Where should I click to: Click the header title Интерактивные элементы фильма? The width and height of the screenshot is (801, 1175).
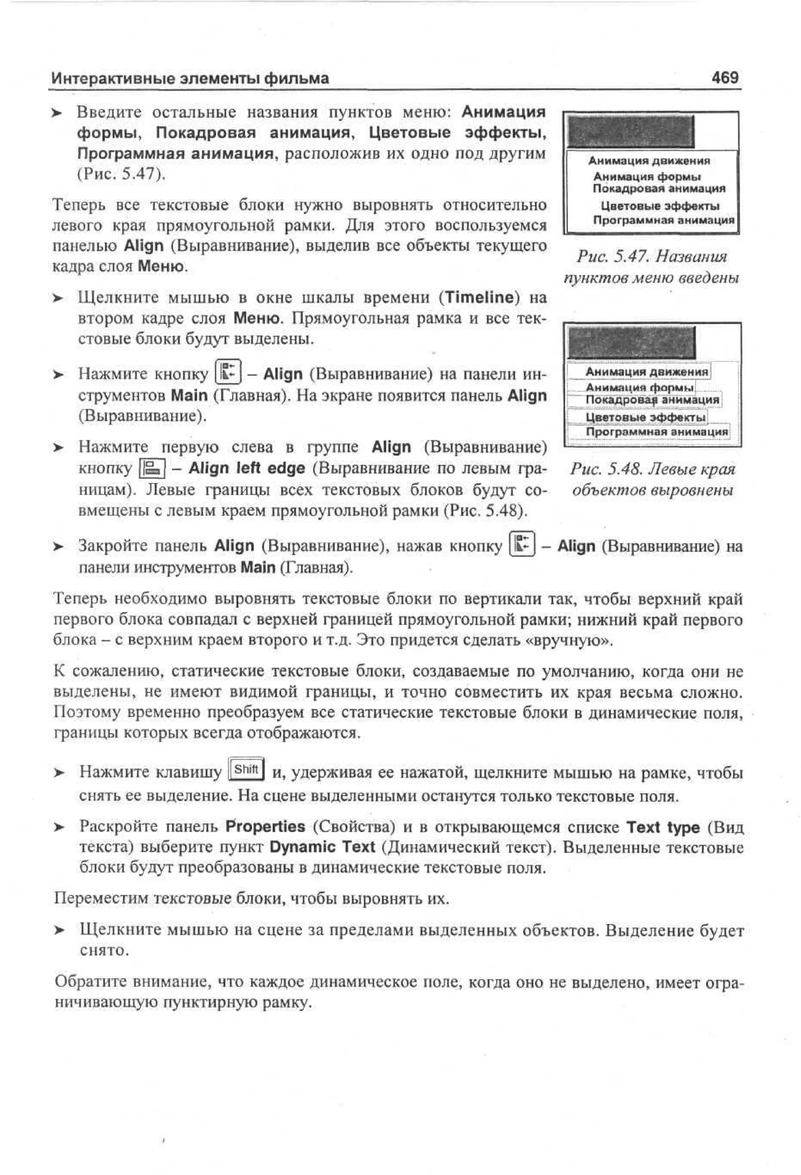(x=190, y=78)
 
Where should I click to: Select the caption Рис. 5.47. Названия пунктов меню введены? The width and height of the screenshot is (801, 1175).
(x=651, y=267)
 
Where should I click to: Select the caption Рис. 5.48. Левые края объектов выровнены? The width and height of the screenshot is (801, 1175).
(x=652, y=479)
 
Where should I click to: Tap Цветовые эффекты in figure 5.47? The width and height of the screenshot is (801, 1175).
(x=659, y=206)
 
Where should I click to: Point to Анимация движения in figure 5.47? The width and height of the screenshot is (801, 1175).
(x=649, y=161)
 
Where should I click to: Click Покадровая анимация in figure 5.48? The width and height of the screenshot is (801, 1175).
(x=652, y=400)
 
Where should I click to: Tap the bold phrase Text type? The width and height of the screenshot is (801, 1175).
(x=663, y=827)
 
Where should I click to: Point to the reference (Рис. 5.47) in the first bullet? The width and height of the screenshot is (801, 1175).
(x=121, y=174)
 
